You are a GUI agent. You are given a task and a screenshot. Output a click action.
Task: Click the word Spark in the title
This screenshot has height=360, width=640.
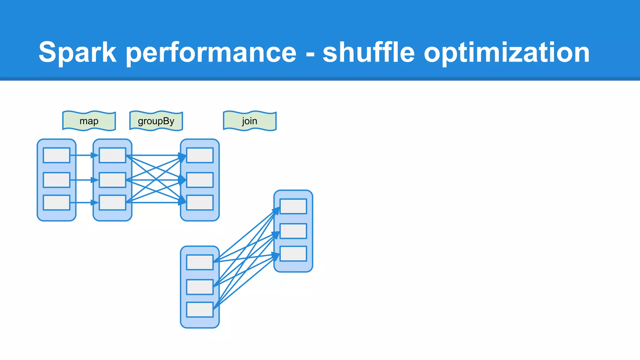(x=77, y=52)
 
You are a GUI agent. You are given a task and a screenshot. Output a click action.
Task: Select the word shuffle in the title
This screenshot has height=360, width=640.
(x=368, y=52)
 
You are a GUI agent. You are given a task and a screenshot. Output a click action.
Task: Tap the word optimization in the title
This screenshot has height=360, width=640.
(x=506, y=52)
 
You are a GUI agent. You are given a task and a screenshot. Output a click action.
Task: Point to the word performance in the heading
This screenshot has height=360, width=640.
(x=211, y=52)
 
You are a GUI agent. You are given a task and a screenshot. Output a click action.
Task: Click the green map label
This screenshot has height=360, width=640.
(x=89, y=121)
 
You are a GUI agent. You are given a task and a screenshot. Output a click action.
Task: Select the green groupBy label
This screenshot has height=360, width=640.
(x=156, y=121)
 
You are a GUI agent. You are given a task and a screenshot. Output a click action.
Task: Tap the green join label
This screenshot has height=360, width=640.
(x=250, y=121)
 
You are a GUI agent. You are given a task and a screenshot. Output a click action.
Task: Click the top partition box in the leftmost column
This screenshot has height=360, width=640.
(x=57, y=155)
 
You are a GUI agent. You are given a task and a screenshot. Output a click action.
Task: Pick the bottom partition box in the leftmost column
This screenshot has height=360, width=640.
(x=57, y=202)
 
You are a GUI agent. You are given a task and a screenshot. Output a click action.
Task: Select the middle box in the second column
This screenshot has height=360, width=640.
(x=112, y=180)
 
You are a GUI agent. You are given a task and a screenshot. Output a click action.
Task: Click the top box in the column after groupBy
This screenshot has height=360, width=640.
(x=200, y=155)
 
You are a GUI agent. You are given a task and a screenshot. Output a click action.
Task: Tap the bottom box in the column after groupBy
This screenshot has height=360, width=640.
(x=200, y=202)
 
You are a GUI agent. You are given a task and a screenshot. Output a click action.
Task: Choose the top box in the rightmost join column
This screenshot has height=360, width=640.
(x=293, y=206)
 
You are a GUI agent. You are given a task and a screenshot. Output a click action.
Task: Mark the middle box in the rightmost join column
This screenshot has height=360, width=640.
(x=293, y=231)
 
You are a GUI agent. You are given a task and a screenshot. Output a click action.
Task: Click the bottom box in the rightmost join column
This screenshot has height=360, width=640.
(x=293, y=253)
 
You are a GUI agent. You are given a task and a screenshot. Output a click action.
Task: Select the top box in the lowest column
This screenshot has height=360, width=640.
(x=200, y=262)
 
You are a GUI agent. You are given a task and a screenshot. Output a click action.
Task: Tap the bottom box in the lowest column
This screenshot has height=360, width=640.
(x=200, y=309)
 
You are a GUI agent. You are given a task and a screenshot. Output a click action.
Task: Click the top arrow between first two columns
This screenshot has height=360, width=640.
(x=82, y=155)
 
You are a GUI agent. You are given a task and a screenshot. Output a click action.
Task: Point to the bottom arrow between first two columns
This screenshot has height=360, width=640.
(x=82, y=202)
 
